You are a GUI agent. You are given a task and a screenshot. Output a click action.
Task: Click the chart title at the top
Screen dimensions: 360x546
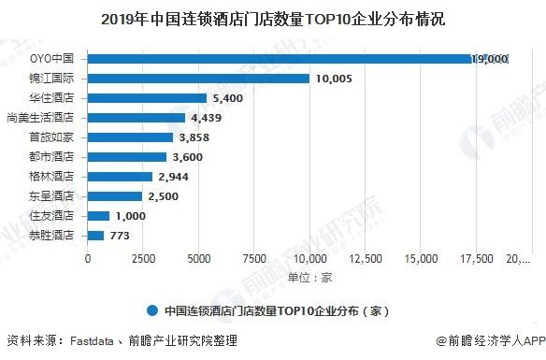(273, 18)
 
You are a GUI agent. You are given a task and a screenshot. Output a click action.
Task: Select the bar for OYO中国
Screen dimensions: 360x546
(297, 59)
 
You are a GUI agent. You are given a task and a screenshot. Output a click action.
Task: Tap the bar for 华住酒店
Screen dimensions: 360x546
(148, 98)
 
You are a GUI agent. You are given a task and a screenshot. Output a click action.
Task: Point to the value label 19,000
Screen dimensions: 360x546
(489, 59)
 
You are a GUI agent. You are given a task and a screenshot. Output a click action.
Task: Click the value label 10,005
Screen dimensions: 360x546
(332, 79)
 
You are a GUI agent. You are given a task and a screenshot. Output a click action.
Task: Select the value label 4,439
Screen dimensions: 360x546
(208, 118)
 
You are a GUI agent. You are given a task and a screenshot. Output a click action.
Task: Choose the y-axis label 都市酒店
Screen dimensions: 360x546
(54, 157)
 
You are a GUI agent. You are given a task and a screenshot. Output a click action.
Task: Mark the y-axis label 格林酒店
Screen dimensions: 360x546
(54, 177)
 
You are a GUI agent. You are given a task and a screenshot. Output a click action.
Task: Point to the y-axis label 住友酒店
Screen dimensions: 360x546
(54, 216)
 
